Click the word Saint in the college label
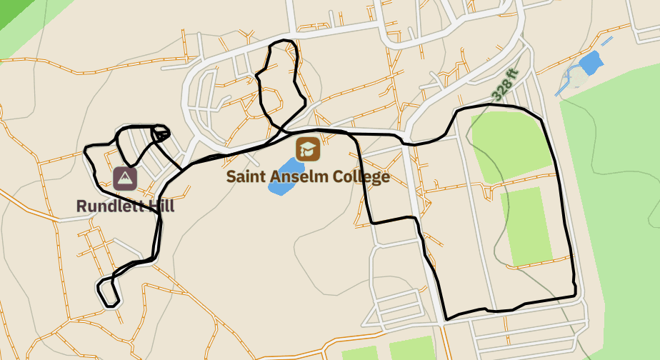pos(246,176)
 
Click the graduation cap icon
pos(309,149)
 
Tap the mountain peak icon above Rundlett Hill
pos(125,178)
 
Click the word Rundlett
pos(108,206)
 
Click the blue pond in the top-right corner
pos(590,64)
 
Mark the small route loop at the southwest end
pos(107,291)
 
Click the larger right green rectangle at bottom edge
pos(412,348)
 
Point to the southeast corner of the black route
pos(575,295)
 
